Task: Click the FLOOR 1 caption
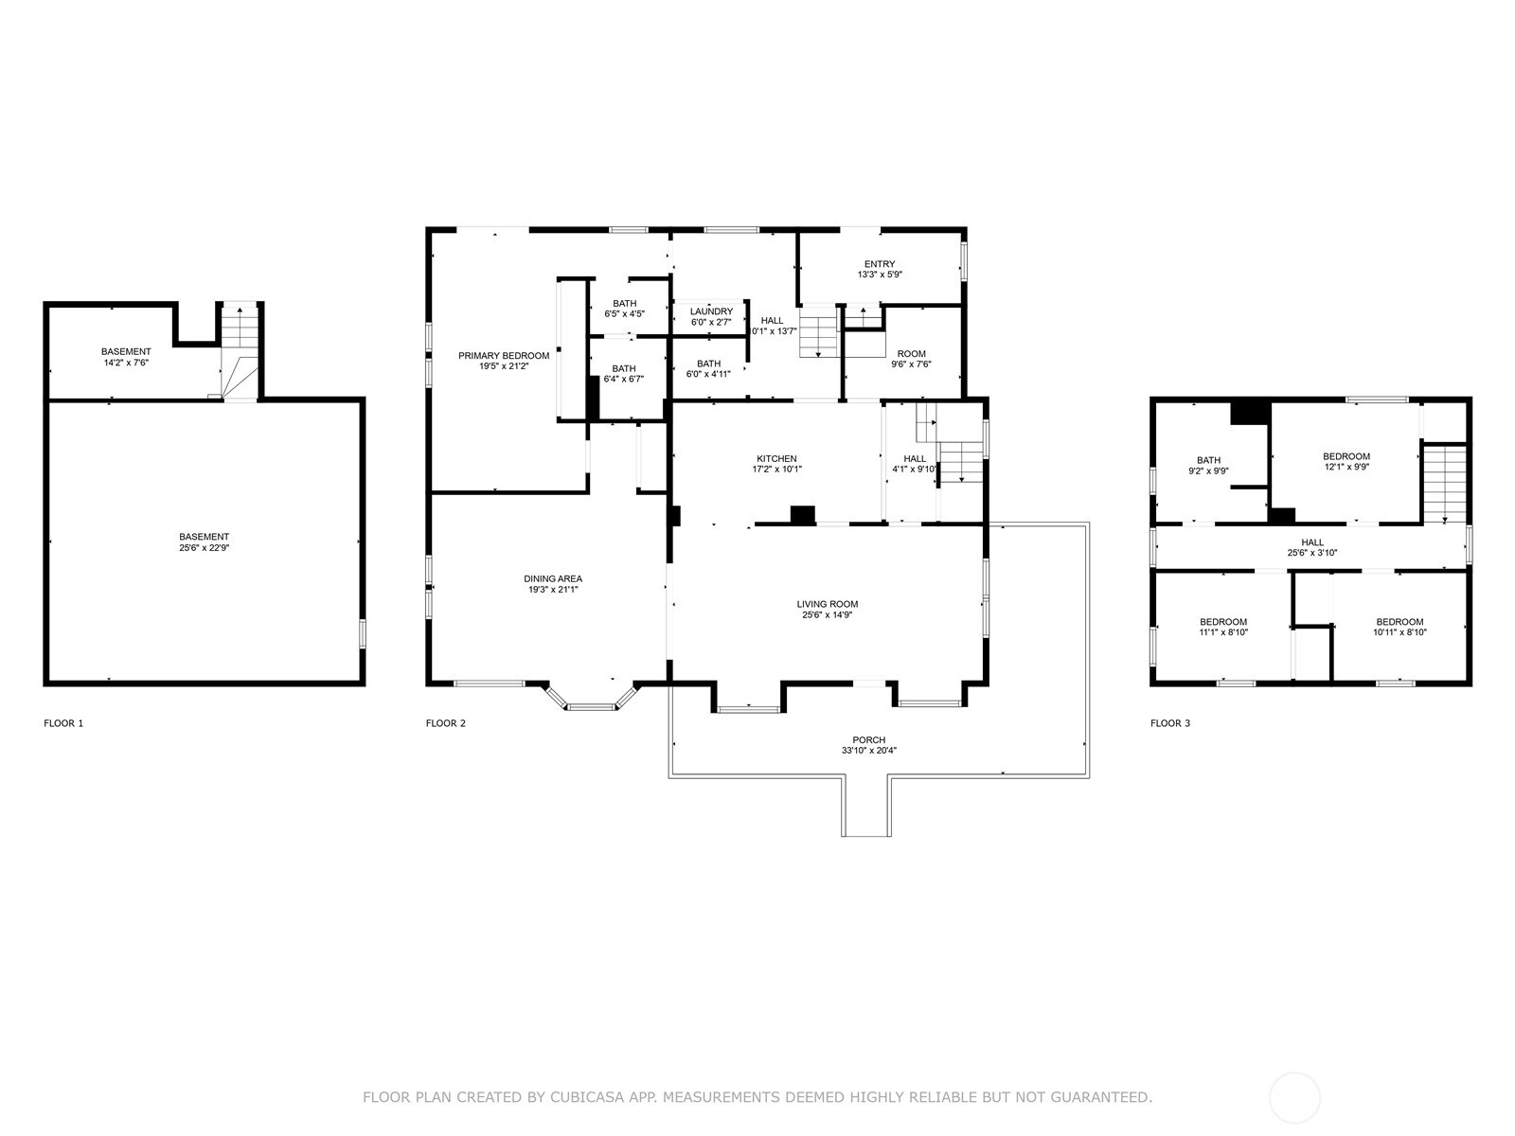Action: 63,723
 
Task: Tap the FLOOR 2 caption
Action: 446,723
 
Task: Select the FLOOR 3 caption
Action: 1170,723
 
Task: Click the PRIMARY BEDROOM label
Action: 504,356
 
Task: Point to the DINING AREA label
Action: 553,578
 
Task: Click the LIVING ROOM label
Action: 828,604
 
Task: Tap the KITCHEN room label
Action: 776,459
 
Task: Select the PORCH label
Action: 869,740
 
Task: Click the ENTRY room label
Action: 880,264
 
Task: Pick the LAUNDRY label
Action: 712,311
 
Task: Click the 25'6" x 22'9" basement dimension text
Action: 205,548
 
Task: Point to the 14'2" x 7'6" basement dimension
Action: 126,363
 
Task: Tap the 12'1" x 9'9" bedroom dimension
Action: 1346,467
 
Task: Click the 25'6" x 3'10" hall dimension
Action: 1312,553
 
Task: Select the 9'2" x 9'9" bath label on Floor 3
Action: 1208,466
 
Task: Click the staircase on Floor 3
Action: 1445,484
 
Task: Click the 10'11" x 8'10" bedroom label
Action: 1399,627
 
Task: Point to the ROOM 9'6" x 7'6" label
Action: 911,359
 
